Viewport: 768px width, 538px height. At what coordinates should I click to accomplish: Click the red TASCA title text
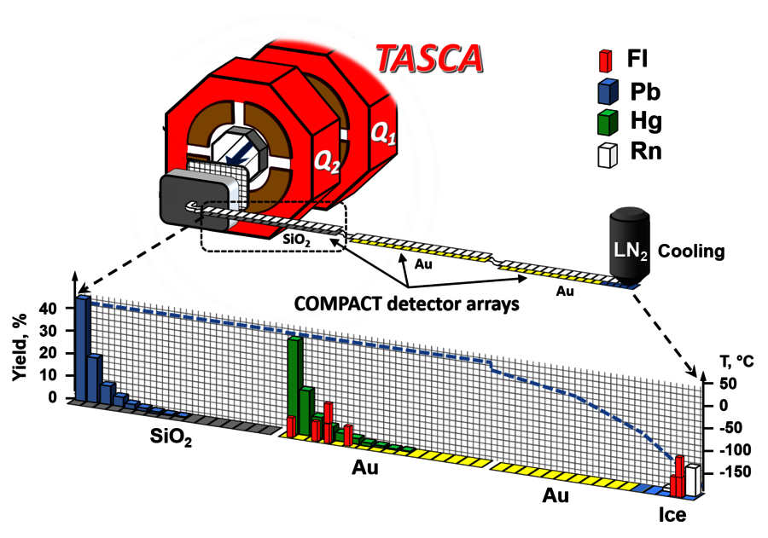point(430,57)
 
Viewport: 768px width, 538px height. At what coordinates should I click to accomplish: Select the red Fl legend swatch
point(605,61)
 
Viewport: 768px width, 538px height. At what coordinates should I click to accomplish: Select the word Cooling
point(692,252)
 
